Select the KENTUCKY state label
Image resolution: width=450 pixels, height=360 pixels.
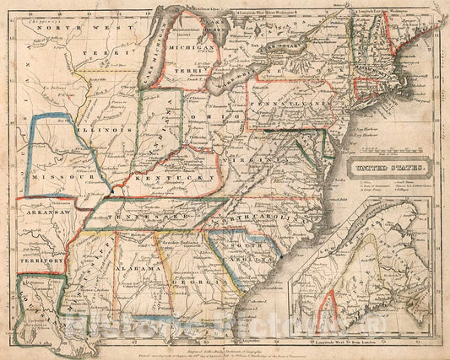click(x=182, y=179)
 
